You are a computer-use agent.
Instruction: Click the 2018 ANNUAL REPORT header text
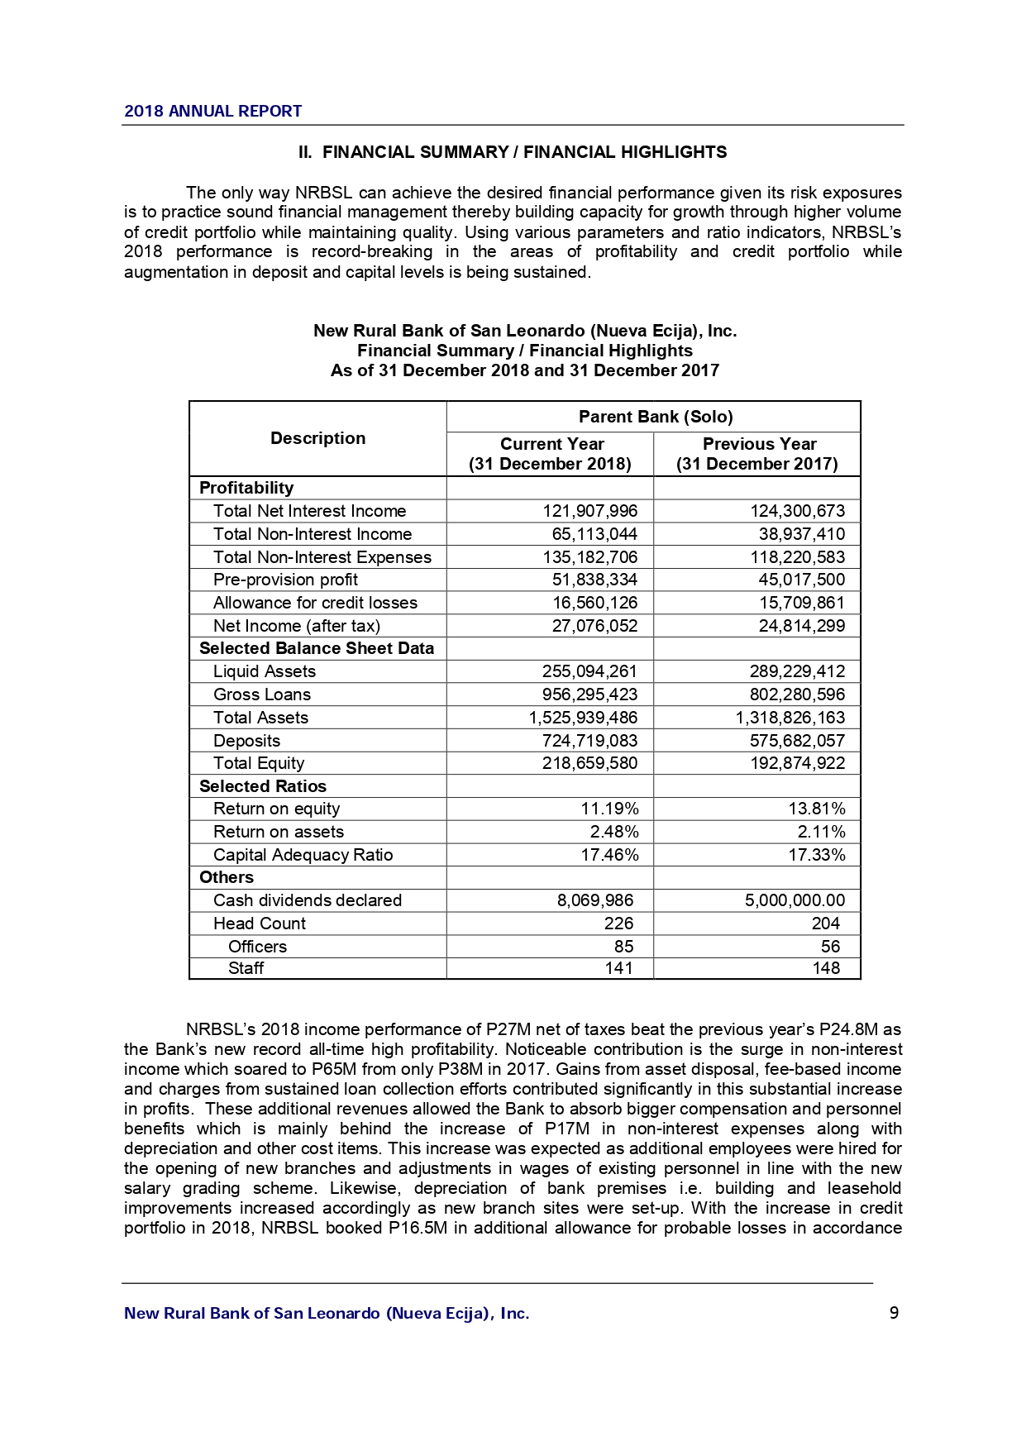tap(212, 111)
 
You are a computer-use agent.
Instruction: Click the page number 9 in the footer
tap(894, 1313)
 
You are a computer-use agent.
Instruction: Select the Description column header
tap(317, 438)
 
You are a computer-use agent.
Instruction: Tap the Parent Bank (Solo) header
tap(655, 417)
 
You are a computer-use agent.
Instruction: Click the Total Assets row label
tap(260, 718)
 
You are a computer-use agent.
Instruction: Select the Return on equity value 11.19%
tap(609, 809)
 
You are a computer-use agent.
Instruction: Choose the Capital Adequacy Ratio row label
tap(303, 855)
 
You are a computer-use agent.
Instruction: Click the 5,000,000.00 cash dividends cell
tap(795, 900)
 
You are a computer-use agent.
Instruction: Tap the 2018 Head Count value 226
tap(618, 924)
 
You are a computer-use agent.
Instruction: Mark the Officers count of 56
tap(830, 947)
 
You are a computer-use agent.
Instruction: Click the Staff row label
tap(246, 968)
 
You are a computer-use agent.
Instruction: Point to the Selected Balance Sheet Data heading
tap(317, 648)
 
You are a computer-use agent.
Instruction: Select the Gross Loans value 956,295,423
tap(589, 694)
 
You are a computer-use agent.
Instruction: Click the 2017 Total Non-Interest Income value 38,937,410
tap(801, 534)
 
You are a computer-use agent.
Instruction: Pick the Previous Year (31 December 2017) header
tap(757, 454)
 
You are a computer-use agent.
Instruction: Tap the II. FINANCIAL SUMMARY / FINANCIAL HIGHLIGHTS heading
tap(513, 152)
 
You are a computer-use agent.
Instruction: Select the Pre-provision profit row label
tap(285, 580)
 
